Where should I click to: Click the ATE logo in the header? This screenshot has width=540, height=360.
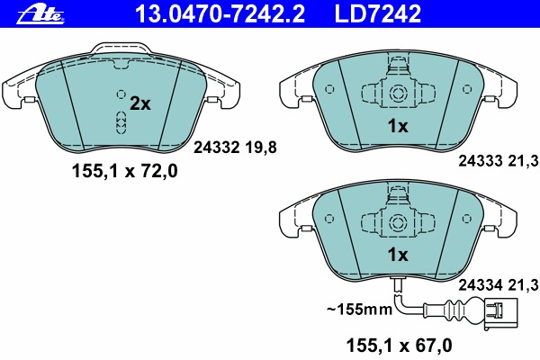tap(40, 14)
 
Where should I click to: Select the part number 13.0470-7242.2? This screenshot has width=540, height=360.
tap(220, 14)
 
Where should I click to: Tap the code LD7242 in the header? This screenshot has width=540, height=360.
tap(378, 14)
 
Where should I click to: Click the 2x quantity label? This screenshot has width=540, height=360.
tap(140, 103)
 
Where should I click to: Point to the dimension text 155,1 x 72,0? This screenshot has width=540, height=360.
tap(125, 171)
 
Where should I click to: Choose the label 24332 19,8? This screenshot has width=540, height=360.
tap(235, 148)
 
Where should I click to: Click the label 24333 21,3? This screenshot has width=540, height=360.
tap(499, 160)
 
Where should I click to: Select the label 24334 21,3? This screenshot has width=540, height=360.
tap(499, 285)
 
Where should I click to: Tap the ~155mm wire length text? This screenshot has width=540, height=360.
tap(359, 309)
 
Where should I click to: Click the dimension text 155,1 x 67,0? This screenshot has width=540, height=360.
tap(399, 346)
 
